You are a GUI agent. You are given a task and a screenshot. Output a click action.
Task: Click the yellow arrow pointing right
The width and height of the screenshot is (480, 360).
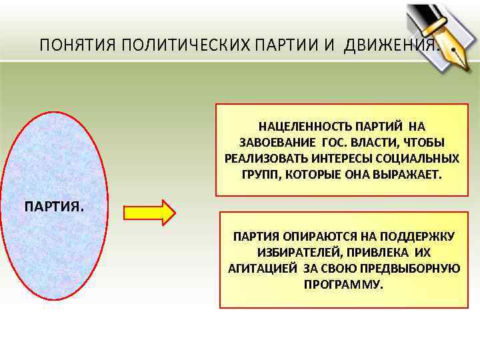pyautogui.click(x=149, y=212)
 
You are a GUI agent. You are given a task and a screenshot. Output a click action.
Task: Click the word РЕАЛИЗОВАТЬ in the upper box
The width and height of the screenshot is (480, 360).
pyautogui.click(x=258, y=159)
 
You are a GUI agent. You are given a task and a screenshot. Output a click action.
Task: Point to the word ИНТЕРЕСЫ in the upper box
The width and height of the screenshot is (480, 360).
pyautogui.click(x=334, y=159)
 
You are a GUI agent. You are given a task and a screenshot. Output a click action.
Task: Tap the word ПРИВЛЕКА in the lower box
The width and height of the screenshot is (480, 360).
pyautogui.click(x=373, y=253)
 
